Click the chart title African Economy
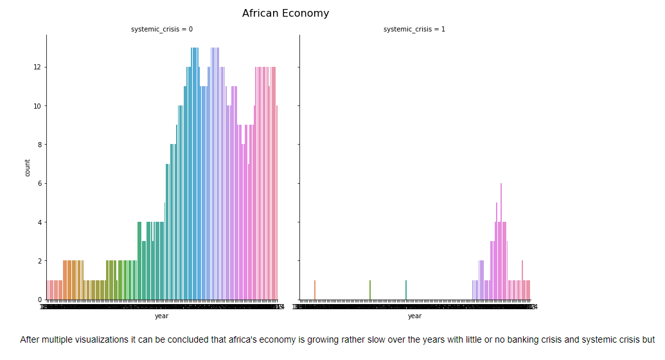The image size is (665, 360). click(x=285, y=14)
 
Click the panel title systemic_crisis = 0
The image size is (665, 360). click(x=162, y=30)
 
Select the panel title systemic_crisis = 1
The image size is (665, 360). click(x=414, y=30)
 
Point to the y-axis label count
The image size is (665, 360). click(x=28, y=168)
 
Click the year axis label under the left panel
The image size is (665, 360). click(x=161, y=316)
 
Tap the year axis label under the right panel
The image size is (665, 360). click(x=414, y=316)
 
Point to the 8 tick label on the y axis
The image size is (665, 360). click(x=39, y=145)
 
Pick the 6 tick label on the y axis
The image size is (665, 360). click(x=39, y=184)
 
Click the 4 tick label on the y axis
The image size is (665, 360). click(x=39, y=222)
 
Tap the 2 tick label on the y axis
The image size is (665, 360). click(x=39, y=261)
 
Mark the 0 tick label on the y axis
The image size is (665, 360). click(x=39, y=300)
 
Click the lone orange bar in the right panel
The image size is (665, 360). click(x=315, y=290)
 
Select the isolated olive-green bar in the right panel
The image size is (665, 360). click(x=370, y=290)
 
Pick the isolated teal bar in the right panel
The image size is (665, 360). click(x=406, y=290)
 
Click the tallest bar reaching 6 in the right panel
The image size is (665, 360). click(x=501, y=242)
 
